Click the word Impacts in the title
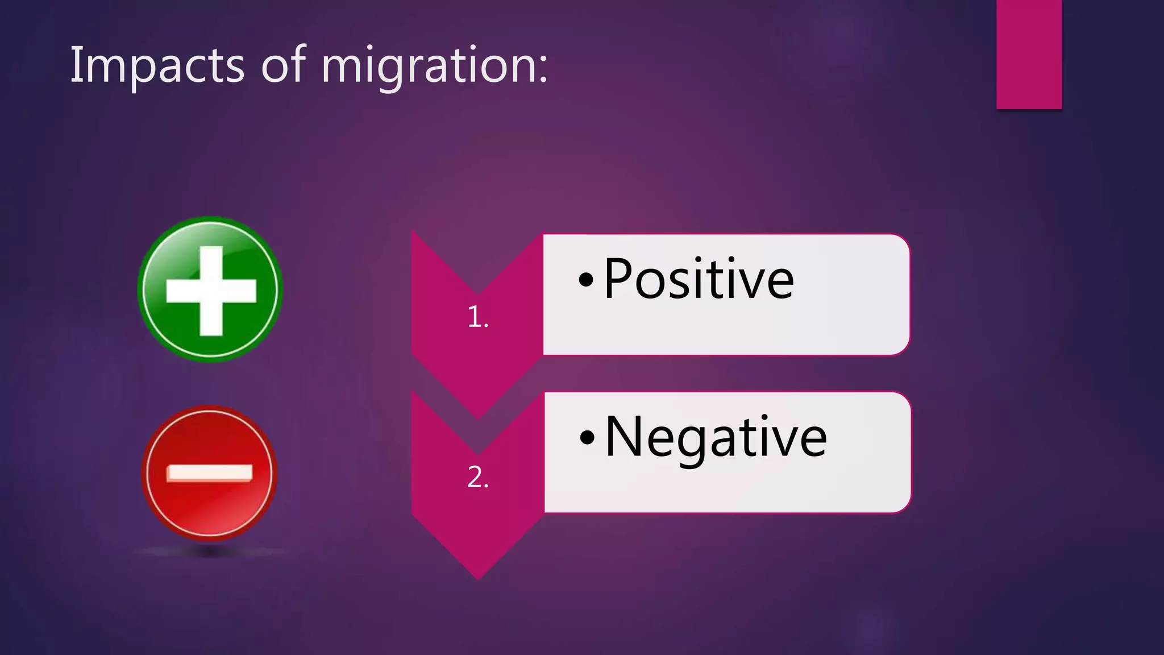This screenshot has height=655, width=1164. [157, 65]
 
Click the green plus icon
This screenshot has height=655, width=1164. [210, 289]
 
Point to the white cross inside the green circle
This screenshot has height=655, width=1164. [211, 291]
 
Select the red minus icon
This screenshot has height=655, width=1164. [210, 472]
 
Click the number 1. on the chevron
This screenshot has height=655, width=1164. [477, 317]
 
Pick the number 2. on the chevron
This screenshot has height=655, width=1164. [477, 477]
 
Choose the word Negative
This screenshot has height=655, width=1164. [716, 437]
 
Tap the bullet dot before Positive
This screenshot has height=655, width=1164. [586, 280]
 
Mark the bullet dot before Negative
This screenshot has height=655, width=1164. [587, 438]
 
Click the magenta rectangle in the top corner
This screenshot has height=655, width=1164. [1029, 54]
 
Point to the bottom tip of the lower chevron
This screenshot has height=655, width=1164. [478, 578]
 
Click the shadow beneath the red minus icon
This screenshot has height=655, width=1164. [210, 551]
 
